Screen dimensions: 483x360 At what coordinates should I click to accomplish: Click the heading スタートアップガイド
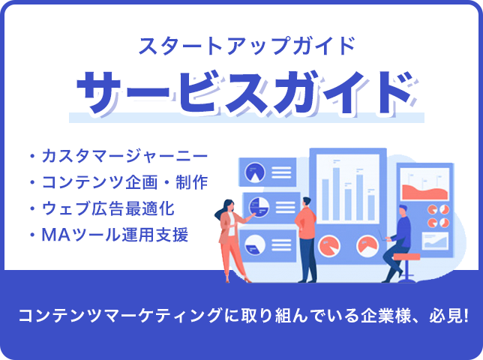click(x=247, y=46)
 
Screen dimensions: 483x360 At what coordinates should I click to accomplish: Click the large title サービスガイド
click(x=245, y=93)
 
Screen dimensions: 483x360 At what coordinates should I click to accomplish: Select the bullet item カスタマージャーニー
click(x=124, y=156)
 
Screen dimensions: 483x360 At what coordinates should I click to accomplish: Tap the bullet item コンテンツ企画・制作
click(x=124, y=182)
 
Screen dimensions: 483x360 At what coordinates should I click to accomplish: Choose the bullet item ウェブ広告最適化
click(x=108, y=208)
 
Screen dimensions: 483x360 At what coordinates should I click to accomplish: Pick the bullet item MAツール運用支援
click(x=115, y=235)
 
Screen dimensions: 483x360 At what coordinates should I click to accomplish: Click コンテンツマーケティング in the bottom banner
click(x=121, y=316)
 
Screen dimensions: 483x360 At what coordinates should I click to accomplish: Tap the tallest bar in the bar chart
click(x=336, y=193)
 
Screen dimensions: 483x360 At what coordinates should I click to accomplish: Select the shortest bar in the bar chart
click(x=371, y=208)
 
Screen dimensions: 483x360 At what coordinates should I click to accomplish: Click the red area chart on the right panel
click(x=425, y=192)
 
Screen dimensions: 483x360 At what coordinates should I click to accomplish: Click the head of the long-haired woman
click(x=227, y=206)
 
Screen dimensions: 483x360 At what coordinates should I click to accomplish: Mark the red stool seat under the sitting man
click(x=406, y=256)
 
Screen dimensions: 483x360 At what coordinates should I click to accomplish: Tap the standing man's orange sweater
click(x=305, y=222)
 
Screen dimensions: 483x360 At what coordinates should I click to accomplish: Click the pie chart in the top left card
click(x=255, y=172)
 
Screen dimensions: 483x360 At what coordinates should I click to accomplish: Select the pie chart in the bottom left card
click(x=255, y=245)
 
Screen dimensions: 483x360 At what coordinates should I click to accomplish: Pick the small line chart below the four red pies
click(x=435, y=241)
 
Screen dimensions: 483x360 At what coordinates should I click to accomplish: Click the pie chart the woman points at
click(x=259, y=207)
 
